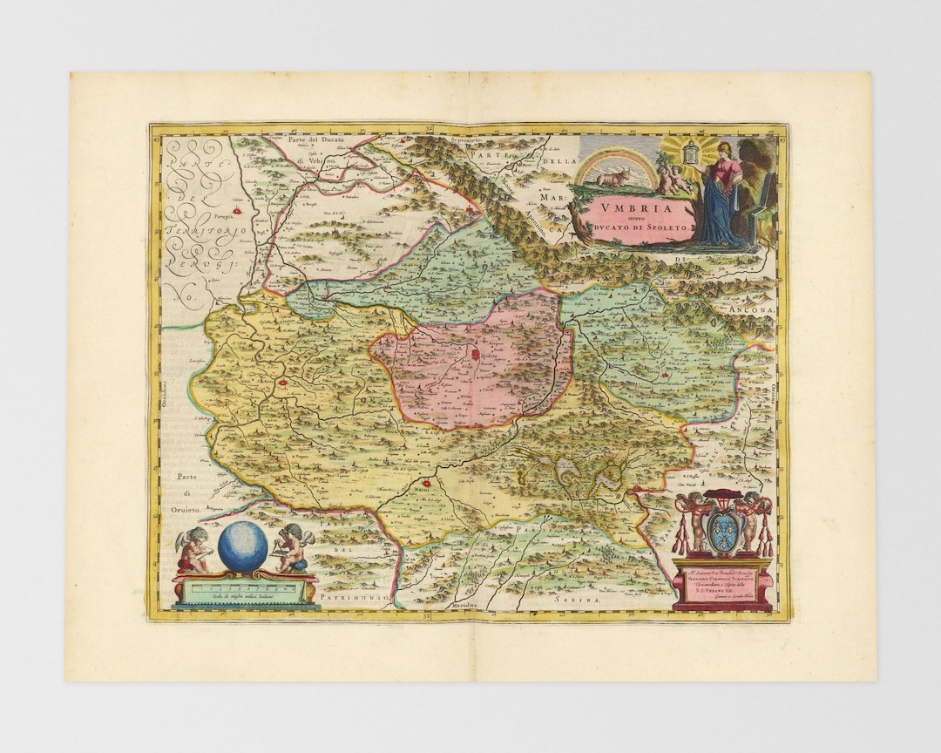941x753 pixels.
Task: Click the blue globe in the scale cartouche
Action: pos(242,545)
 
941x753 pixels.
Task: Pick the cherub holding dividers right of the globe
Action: pos(293,548)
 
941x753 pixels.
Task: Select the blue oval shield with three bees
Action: pos(722,533)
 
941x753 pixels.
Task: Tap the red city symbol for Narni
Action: pos(428,483)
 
